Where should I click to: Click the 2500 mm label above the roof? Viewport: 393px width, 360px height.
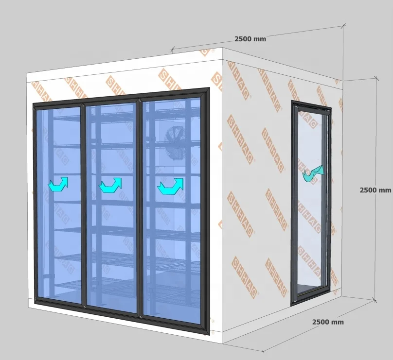tap(250, 39)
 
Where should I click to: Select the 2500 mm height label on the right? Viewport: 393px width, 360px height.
tap(375, 190)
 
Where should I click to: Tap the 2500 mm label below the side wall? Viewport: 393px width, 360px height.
tap(327, 322)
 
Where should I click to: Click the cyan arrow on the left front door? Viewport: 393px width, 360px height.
tap(58, 184)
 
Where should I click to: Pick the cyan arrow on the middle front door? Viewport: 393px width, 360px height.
tap(110, 185)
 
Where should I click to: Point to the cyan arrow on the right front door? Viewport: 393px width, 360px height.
tap(171, 186)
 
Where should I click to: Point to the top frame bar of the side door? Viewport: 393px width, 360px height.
tap(311, 105)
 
